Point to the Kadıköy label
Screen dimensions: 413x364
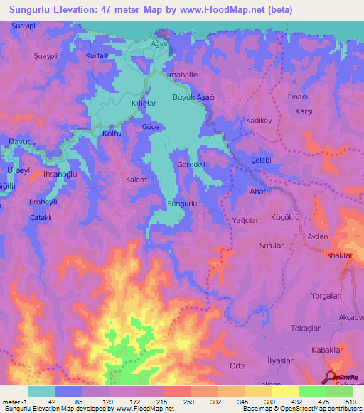259,121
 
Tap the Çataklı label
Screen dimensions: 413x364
42,219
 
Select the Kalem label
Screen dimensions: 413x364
136,180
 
